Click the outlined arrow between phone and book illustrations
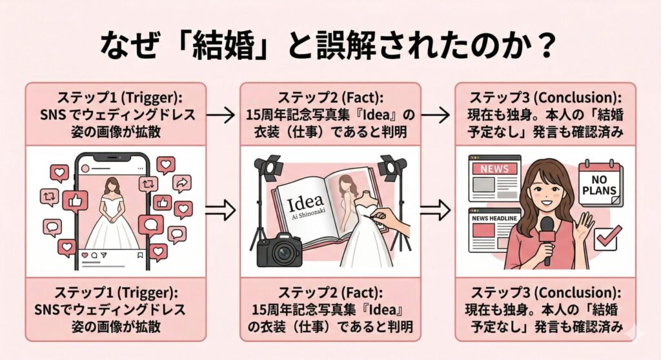coord(219,209)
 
